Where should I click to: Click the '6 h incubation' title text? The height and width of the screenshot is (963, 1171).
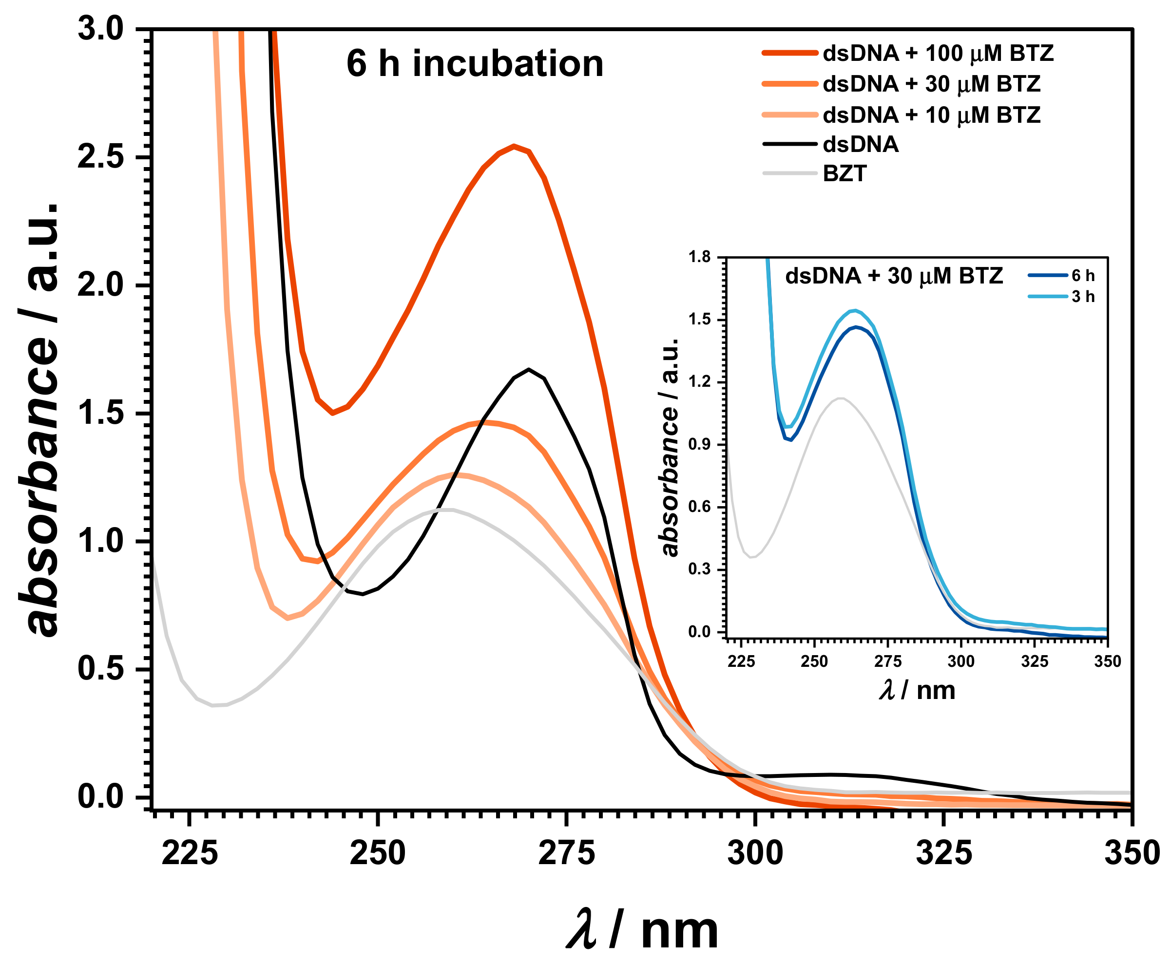click(x=475, y=63)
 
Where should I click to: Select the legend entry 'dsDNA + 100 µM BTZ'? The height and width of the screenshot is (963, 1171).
click(x=938, y=53)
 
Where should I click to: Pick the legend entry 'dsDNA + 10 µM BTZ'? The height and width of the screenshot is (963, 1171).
click(x=931, y=115)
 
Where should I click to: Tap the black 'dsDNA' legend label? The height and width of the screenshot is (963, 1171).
click(x=860, y=144)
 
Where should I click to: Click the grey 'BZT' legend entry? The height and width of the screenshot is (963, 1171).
click(x=844, y=173)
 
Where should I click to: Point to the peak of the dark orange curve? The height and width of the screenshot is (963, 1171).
click(x=515, y=147)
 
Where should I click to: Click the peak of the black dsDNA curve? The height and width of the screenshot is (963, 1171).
click(x=529, y=369)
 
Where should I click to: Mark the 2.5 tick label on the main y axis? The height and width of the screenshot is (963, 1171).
click(x=100, y=157)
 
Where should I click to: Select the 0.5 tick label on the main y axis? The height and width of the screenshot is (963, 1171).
click(x=100, y=668)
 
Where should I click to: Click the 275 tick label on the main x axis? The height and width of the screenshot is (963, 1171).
click(x=566, y=854)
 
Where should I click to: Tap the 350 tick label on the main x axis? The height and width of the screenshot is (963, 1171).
click(x=1132, y=854)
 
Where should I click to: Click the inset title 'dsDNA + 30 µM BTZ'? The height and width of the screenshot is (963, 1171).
click(x=894, y=276)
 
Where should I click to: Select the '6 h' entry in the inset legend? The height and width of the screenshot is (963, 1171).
click(x=1082, y=276)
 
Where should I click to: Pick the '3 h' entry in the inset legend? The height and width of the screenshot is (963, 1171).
click(x=1082, y=297)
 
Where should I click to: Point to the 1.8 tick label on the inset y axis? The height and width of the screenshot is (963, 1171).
click(x=699, y=257)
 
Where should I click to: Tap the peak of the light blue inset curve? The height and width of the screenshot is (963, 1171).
click(x=855, y=310)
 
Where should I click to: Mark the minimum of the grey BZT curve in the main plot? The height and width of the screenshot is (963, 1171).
click(x=213, y=706)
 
